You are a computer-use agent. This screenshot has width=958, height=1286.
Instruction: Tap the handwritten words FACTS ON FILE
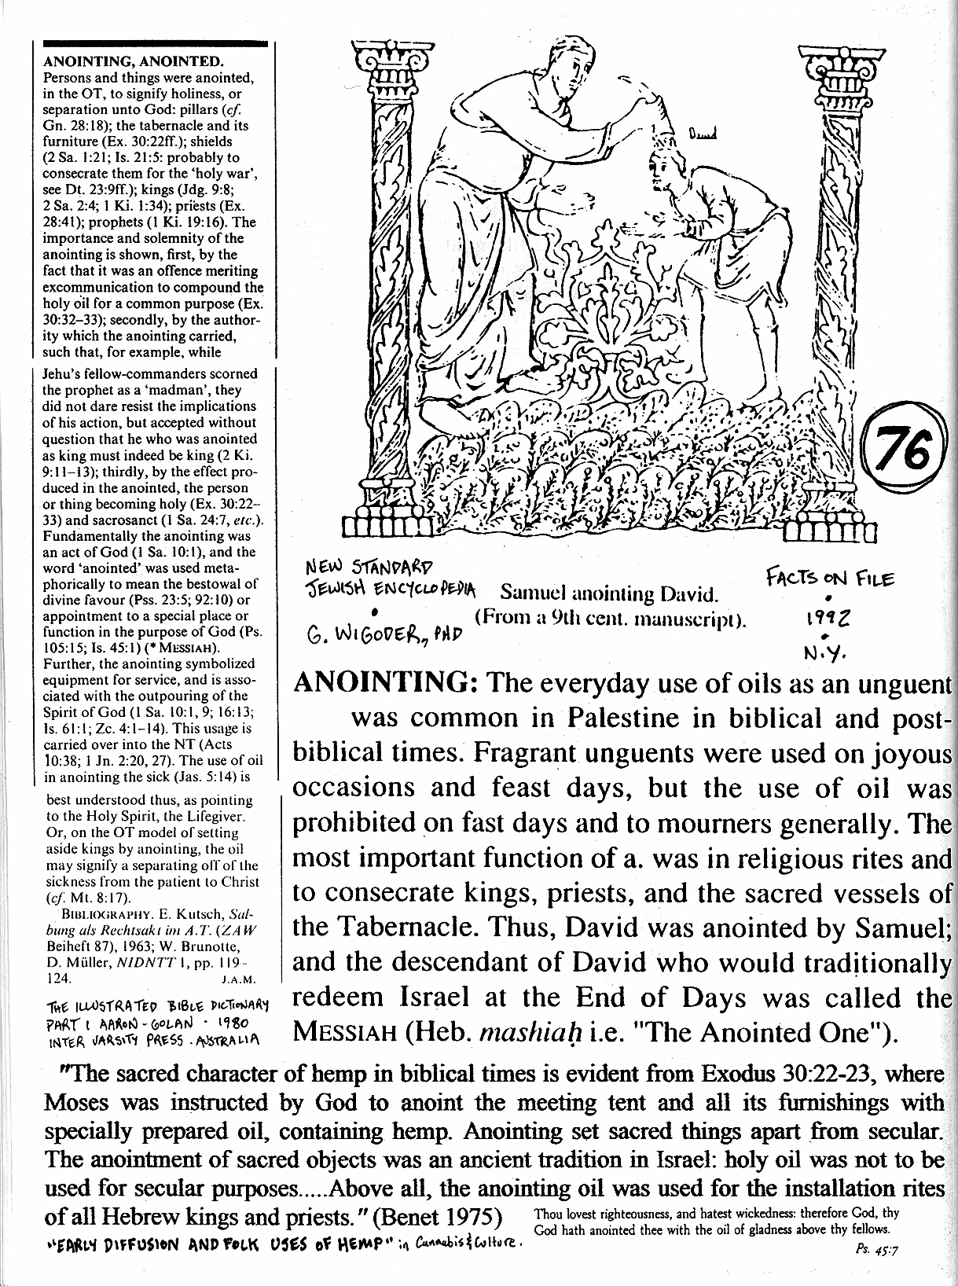click(x=830, y=579)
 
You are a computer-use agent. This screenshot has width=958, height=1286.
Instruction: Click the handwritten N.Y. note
click(x=822, y=652)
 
